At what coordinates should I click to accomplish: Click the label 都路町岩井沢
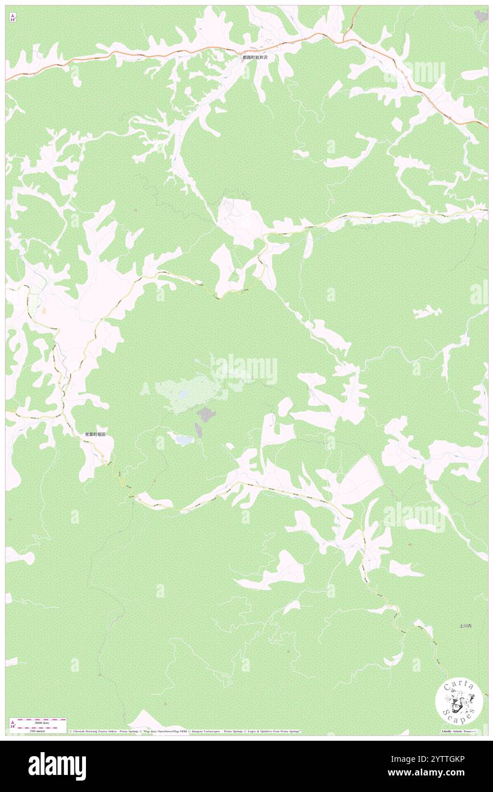click(x=258, y=58)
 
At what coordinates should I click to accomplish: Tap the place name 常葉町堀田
click(x=95, y=434)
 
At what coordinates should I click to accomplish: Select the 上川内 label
click(x=465, y=626)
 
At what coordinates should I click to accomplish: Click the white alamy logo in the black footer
click(x=57, y=766)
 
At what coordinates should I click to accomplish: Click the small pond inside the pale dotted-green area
click(x=183, y=394)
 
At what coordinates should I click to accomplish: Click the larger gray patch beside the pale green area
click(x=206, y=414)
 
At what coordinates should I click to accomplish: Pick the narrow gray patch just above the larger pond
click(x=198, y=430)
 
